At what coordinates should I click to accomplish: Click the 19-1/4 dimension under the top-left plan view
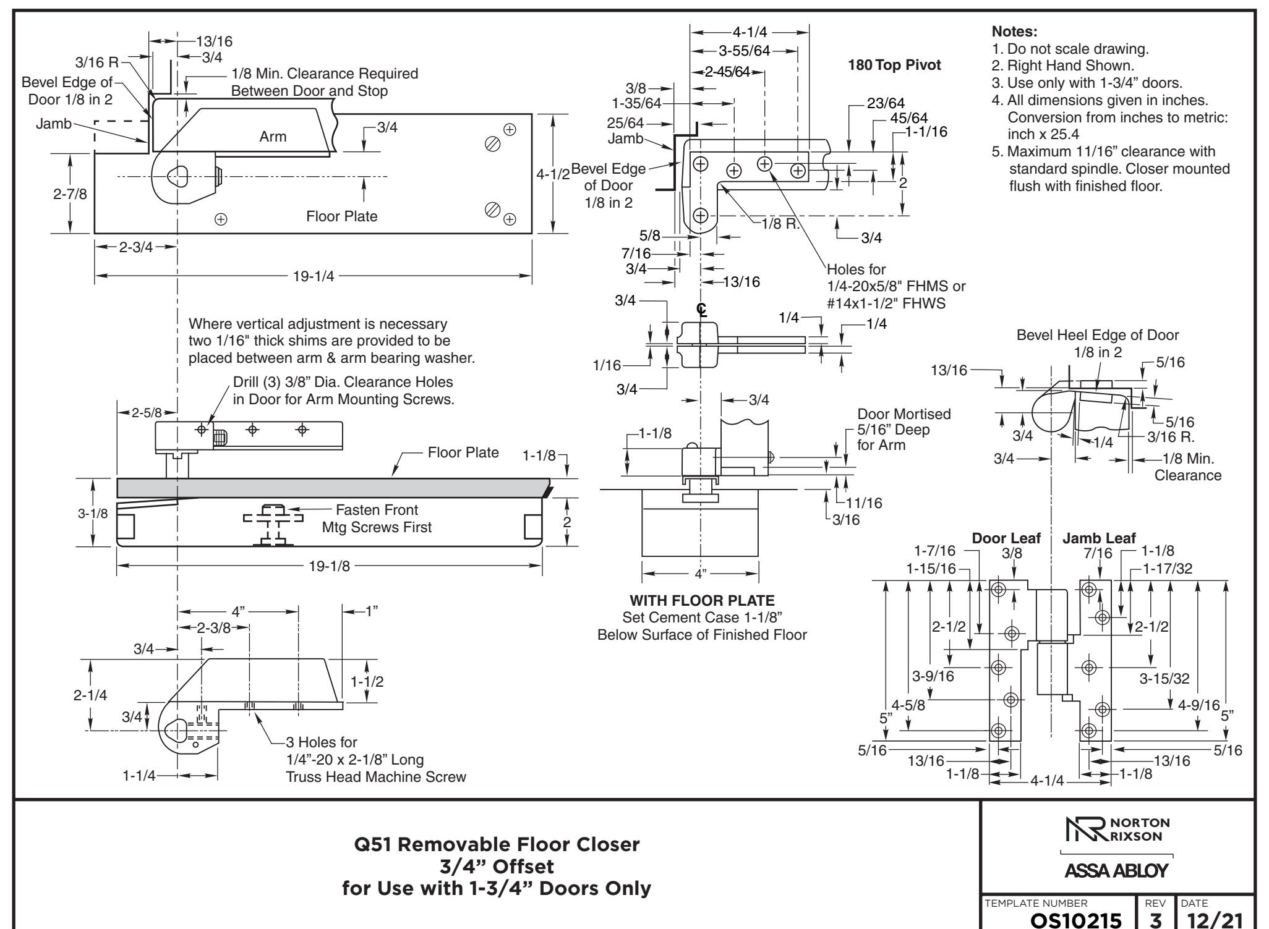(x=313, y=276)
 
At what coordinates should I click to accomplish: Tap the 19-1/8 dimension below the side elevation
(x=329, y=566)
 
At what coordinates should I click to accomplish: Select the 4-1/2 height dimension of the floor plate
(x=553, y=174)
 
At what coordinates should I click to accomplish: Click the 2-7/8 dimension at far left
(x=70, y=193)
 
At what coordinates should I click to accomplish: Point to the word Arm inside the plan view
(x=273, y=137)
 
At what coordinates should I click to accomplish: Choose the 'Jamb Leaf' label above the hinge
(x=1099, y=538)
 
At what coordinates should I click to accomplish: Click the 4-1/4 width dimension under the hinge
(x=1047, y=780)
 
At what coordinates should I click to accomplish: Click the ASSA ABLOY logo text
(x=1116, y=870)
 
